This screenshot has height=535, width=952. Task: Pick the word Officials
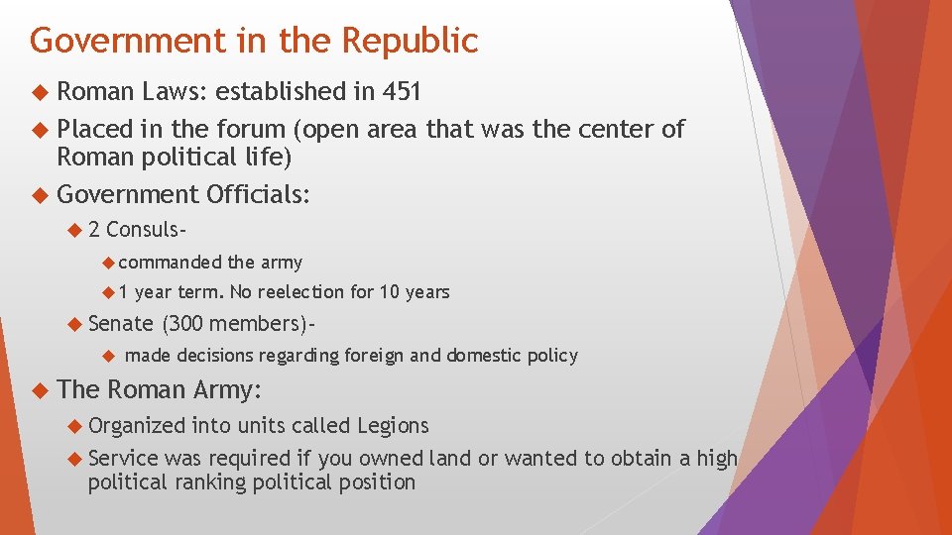click(258, 195)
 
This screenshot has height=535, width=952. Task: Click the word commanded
click(170, 263)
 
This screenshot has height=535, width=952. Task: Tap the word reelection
click(305, 292)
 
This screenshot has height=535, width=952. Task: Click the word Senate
click(120, 323)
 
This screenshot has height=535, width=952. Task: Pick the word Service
click(123, 458)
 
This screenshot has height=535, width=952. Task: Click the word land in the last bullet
click(450, 458)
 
